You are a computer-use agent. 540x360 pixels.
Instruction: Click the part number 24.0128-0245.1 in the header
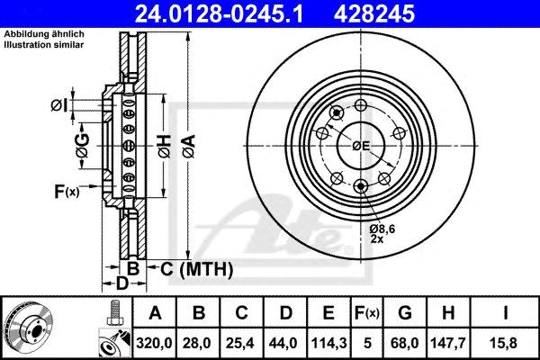pyautogui.click(x=219, y=13)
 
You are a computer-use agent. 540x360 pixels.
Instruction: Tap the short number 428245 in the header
pyautogui.click(x=374, y=13)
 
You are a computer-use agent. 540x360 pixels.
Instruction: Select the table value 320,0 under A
pyautogui.click(x=154, y=343)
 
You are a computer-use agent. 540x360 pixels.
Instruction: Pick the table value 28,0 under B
pyautogui.click(x=197, y=343)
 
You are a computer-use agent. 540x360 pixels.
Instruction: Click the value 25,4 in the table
pyautogui.click(x=240, y=343)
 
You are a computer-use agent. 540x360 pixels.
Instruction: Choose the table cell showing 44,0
pyautogui.click(x=283, y=343)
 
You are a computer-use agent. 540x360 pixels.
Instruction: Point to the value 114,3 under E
pyautogui.click(x=328, y=343)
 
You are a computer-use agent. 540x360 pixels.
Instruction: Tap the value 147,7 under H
pyautogui.click(x=448, y=343)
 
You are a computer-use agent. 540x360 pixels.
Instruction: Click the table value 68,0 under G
pyautogui.click(x=405, y=343)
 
